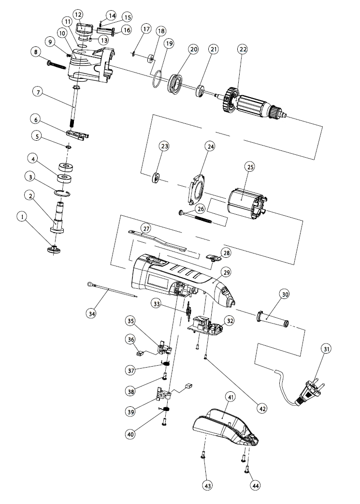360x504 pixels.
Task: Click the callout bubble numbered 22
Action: pos(243,49)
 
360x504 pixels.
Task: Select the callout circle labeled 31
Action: pos(326,348)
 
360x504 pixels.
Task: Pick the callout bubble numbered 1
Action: pos(22,217)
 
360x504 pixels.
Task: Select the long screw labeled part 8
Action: pos(57,64)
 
